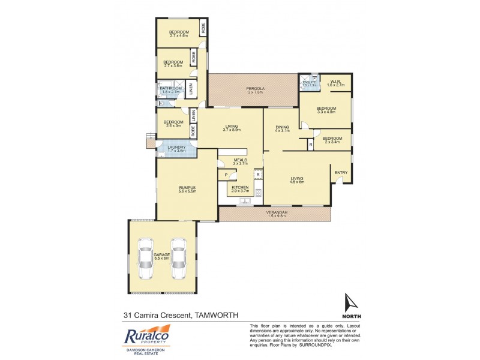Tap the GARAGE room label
click(x=162, y=254)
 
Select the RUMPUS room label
click(x=188, y=187)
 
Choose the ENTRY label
click(x=341, y=173)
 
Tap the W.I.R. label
click(x=337, y=82)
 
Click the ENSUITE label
click(x=310, y=82)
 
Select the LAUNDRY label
click(x=177, y=147)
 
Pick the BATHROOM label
click(x=170, y=89)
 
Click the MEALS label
click(x=240, y=160)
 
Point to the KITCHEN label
click(x=240, y=188)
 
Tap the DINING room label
click(x=282, y=127)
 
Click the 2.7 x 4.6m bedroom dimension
click(x=179, y=36)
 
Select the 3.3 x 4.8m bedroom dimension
click(x=326, y=112)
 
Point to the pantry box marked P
click(x=226, y=175)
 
